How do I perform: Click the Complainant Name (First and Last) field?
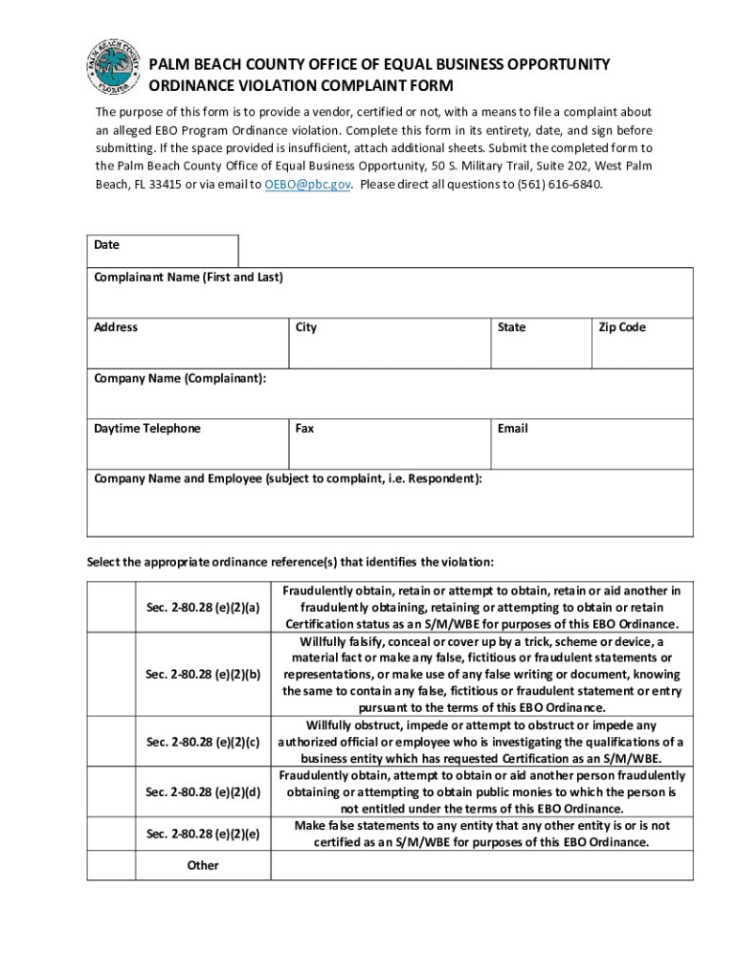tap(390, 299)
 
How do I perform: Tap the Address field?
tap(188, 348)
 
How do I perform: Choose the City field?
tap(390, 348)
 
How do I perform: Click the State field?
tap(540, 348)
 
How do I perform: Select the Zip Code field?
tap(642, 348)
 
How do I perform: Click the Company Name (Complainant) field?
tap(390, 399)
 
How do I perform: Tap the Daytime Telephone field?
tap(188, 450)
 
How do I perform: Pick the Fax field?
tap(390, 450)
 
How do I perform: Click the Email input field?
tap(592, 450)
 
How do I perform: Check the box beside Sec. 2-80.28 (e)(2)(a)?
tap(111, 608)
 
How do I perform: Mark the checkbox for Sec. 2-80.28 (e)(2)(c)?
tap(111, 742)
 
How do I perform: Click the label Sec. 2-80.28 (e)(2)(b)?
tap(203, 675)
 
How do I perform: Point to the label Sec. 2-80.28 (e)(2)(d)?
tap(203, 791)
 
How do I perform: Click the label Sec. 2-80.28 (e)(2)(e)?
tap(203, 834)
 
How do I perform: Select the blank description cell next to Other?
tap(481, 865)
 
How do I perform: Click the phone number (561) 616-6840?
tap(557, 184)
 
